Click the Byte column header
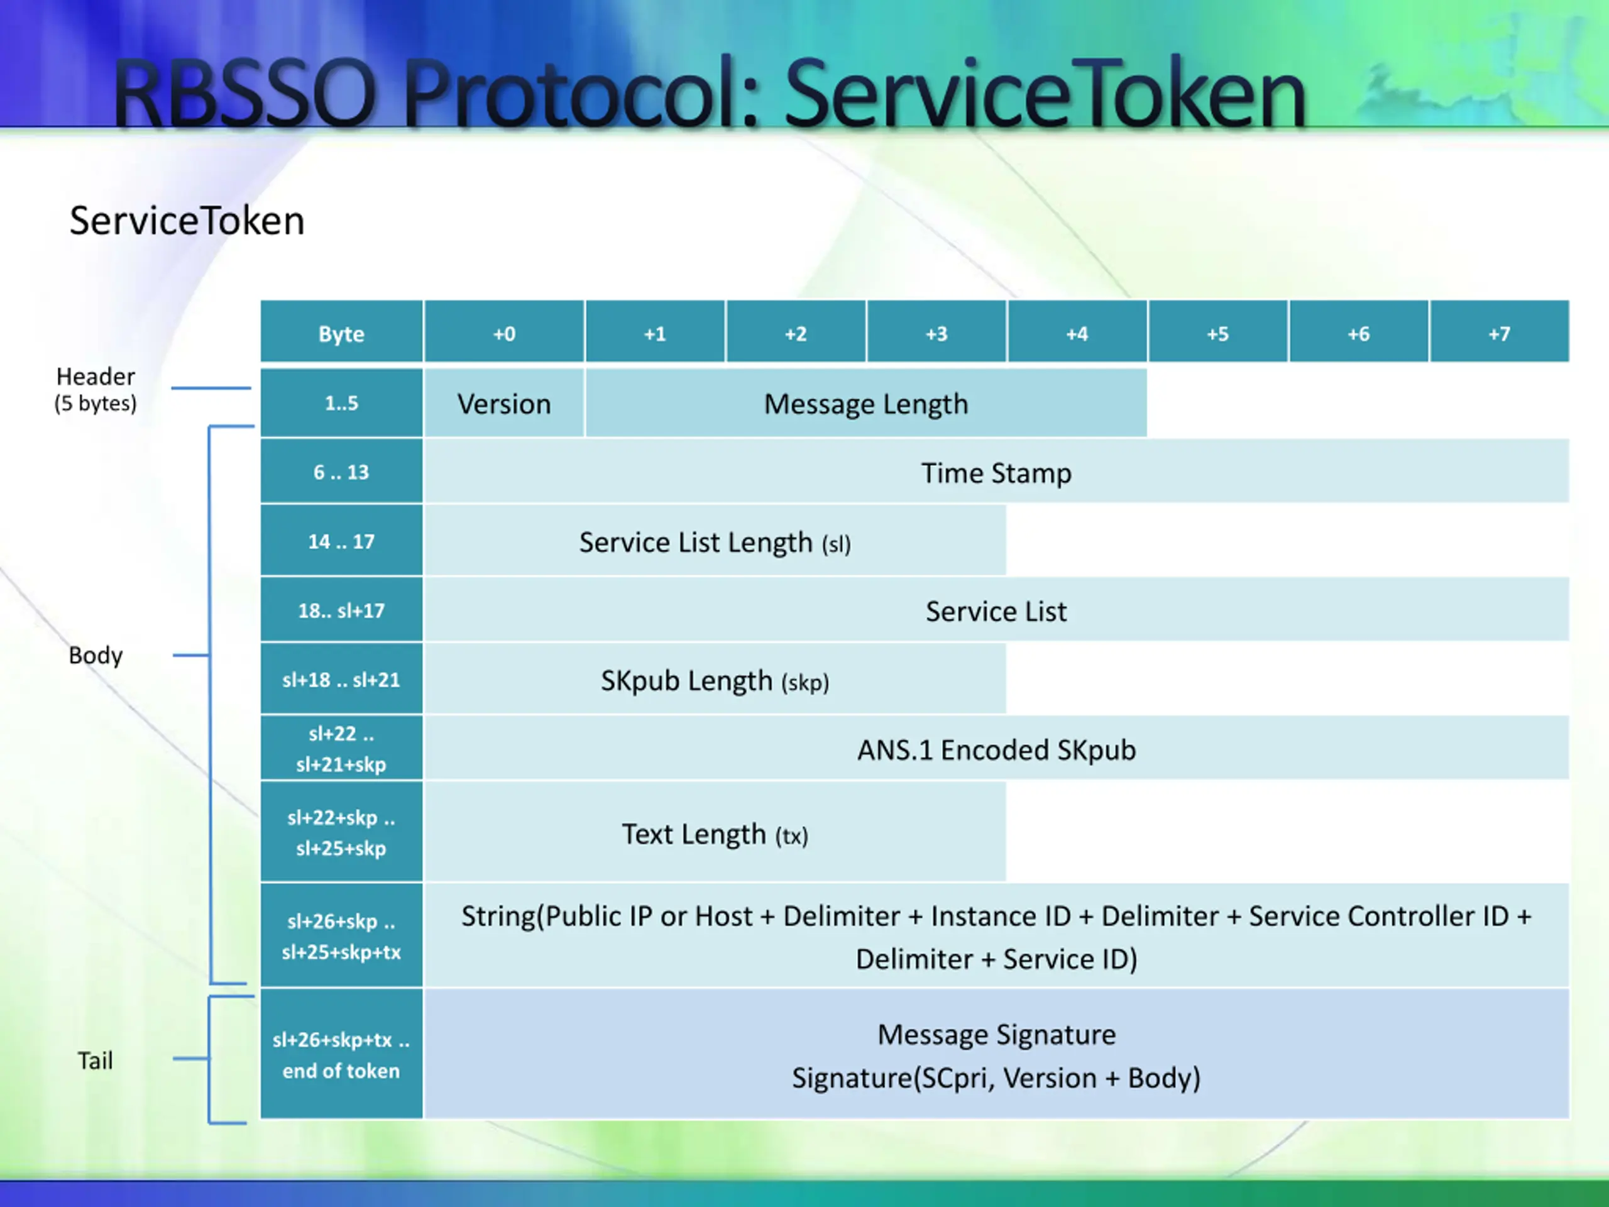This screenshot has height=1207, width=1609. point(341,333)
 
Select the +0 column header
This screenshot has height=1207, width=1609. point(504,333)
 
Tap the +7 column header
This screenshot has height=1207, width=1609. point(1499,333)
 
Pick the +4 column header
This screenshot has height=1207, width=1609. point(1077,333)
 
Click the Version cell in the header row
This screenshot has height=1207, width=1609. point(504,403)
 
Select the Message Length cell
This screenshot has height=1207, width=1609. point(865,403)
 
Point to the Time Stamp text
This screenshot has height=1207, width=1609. point(996,473)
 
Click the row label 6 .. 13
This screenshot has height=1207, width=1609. point(341,472)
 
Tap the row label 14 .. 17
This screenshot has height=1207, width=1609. point(341,541)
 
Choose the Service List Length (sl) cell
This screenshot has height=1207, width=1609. point(714,542)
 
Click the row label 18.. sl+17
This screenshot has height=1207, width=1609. point(341,610)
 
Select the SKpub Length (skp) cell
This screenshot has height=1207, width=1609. point(714,680)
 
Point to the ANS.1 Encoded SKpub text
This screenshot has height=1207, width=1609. point(996,749)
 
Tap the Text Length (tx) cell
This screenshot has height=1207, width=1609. point(714,834)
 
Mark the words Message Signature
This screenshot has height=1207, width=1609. point(996,1034)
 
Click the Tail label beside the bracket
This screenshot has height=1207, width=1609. point(96,1060)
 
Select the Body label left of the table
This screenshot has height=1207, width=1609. point(96,655)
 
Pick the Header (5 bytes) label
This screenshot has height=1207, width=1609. point(96,389)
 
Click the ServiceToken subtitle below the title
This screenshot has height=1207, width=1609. point(187,221)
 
